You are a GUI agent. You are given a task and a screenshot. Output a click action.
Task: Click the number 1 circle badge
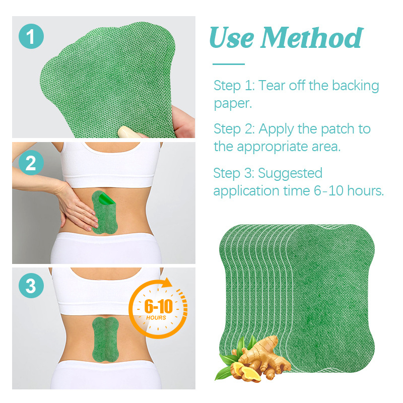31,36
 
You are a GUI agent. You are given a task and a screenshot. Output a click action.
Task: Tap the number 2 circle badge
31,163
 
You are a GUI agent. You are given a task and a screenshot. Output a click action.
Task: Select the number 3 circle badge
31,286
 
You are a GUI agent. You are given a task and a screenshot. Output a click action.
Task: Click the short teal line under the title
229,64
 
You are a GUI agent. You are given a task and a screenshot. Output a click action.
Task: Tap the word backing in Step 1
356,86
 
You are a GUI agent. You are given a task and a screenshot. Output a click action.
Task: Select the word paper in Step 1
233,104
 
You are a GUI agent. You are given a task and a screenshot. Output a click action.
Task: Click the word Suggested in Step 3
290,173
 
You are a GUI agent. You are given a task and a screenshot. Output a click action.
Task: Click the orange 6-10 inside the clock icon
159,306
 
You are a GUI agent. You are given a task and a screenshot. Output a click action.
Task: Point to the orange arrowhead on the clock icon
168,282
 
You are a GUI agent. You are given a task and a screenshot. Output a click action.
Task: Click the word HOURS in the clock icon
156,318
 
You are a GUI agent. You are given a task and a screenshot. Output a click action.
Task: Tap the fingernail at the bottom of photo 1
128,132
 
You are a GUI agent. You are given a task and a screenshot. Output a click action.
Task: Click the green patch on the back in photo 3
105,340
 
